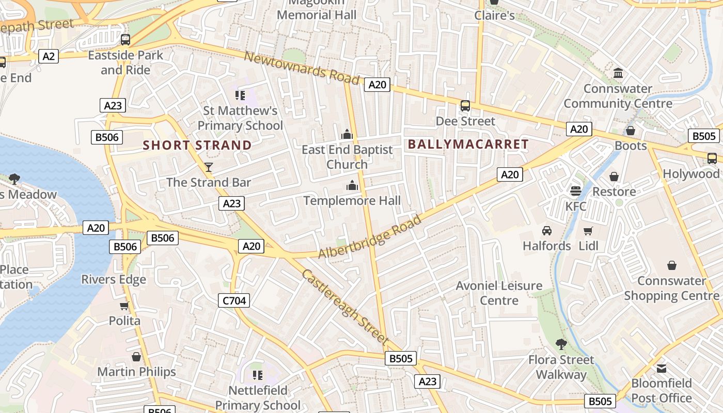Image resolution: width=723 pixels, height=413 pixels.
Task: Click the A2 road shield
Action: point(49,56)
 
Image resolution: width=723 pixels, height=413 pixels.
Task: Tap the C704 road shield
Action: point(234,300)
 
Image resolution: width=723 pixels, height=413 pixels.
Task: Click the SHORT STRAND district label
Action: point(197,146)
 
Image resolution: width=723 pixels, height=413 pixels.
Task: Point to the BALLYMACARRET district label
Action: point(468,145)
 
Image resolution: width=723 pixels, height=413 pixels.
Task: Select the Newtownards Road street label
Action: point(301,68)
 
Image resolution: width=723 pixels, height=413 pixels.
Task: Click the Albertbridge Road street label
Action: point(370,237)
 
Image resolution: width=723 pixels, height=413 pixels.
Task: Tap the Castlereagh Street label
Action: point(344,306)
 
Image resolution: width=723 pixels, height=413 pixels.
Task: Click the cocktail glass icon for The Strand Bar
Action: point(209,167)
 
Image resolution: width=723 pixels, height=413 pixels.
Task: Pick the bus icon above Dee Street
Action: point(465,106)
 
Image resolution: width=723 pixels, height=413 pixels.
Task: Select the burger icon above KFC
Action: point(576,191)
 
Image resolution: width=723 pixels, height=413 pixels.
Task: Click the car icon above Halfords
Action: point(547,230)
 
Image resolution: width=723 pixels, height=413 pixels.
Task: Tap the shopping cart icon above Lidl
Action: point(588,231)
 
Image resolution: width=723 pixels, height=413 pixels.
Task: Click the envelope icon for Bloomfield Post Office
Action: point(662,369)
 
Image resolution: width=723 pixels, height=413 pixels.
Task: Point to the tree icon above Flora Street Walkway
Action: point(561,344)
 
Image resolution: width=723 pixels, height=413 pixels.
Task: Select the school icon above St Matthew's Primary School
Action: point(240,95)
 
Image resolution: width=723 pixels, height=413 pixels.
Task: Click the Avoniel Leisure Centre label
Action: point(499,293)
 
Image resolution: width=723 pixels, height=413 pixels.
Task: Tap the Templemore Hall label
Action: point(352,201)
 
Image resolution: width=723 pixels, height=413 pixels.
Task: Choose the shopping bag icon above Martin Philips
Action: point(136,357)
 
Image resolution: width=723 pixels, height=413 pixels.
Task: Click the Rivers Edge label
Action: point(114,280)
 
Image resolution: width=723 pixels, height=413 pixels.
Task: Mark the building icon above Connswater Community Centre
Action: point(618,73)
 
